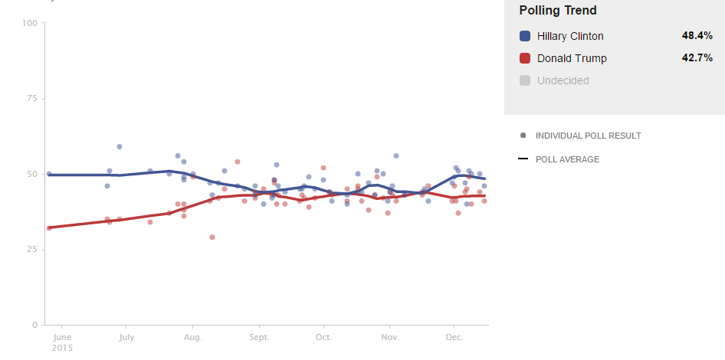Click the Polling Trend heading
[558, 11]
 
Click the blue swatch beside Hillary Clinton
[525, 36]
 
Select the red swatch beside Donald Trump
[525, 58]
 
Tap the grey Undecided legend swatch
[525, 80]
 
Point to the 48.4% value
[697, 36]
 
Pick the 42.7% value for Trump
[697, 58]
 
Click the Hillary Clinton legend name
[570, 36]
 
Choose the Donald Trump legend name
[572, 58]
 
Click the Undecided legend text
[563, 80]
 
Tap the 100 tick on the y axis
[30, 23]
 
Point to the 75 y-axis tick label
[32, 99]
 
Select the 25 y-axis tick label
[32, 250]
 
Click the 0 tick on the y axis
[34, 325]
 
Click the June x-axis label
[62, 336]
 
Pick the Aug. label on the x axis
[192, 336]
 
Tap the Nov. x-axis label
[389, 336]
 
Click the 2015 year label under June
[62, 348]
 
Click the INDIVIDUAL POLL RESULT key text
[588, 136]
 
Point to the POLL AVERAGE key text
[567, 159]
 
